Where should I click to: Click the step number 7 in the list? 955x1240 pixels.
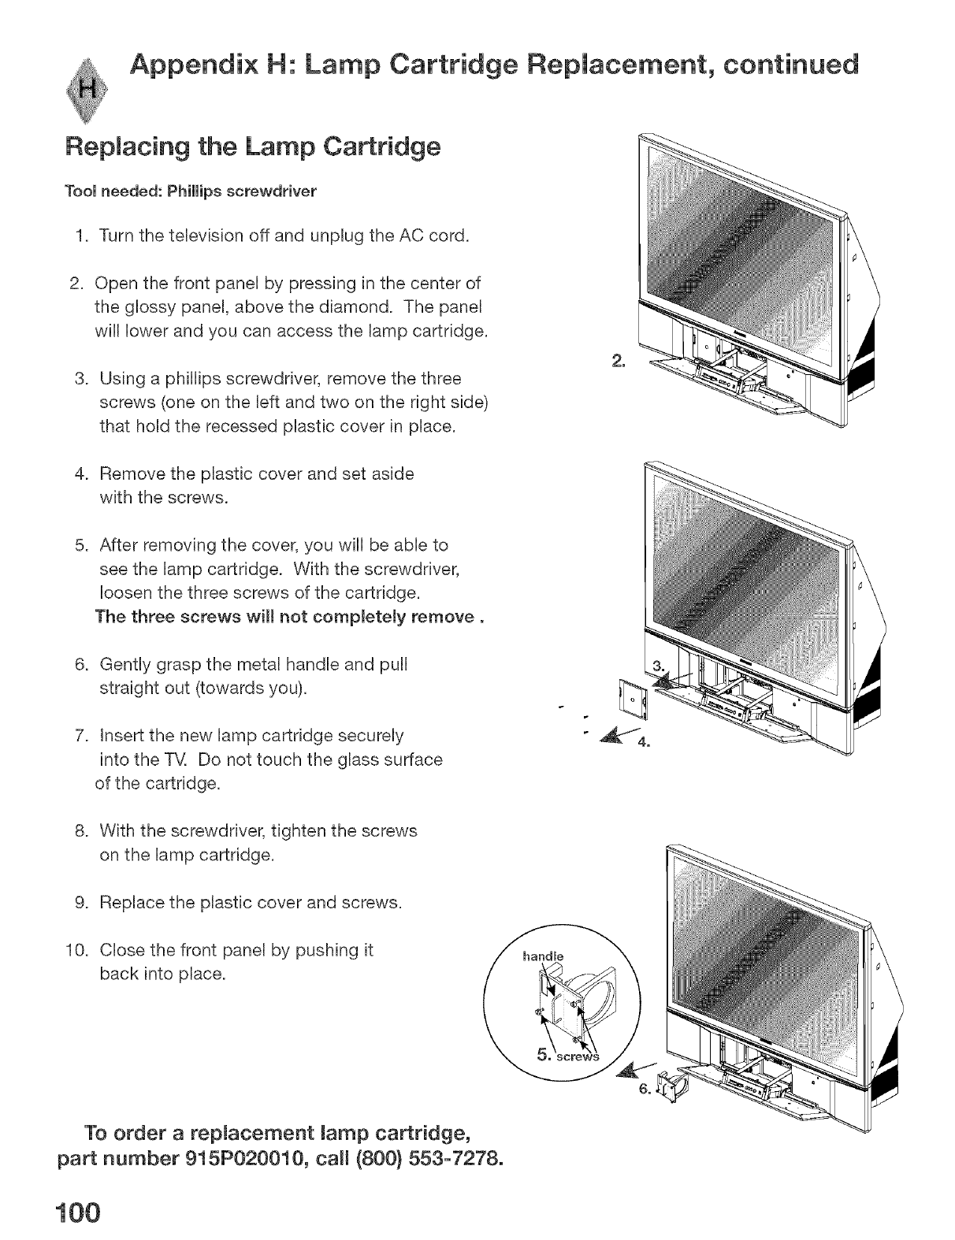point(80,736)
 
